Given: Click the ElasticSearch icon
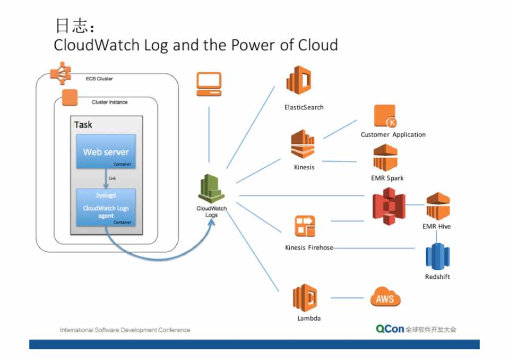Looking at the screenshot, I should click(298, 80).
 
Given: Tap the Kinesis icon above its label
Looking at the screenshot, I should click(304, 144).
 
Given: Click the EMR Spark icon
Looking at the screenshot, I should click(385, 158).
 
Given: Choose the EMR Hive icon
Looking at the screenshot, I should click(438, 207).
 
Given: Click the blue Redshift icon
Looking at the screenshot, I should click(437, 256).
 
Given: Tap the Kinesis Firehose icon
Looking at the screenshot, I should click(305, 227).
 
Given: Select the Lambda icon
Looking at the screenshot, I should click(305, 297).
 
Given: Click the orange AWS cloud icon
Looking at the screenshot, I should click(385, 298).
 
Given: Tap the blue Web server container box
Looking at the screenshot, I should click(106, 152).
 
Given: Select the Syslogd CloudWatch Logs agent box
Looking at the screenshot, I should click(106, 208).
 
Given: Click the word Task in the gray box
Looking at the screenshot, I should click(83, 125).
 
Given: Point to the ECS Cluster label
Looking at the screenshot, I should click(99, 79).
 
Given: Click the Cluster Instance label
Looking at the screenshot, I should click(109, 102).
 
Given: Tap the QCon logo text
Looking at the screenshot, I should click(390, 329).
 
